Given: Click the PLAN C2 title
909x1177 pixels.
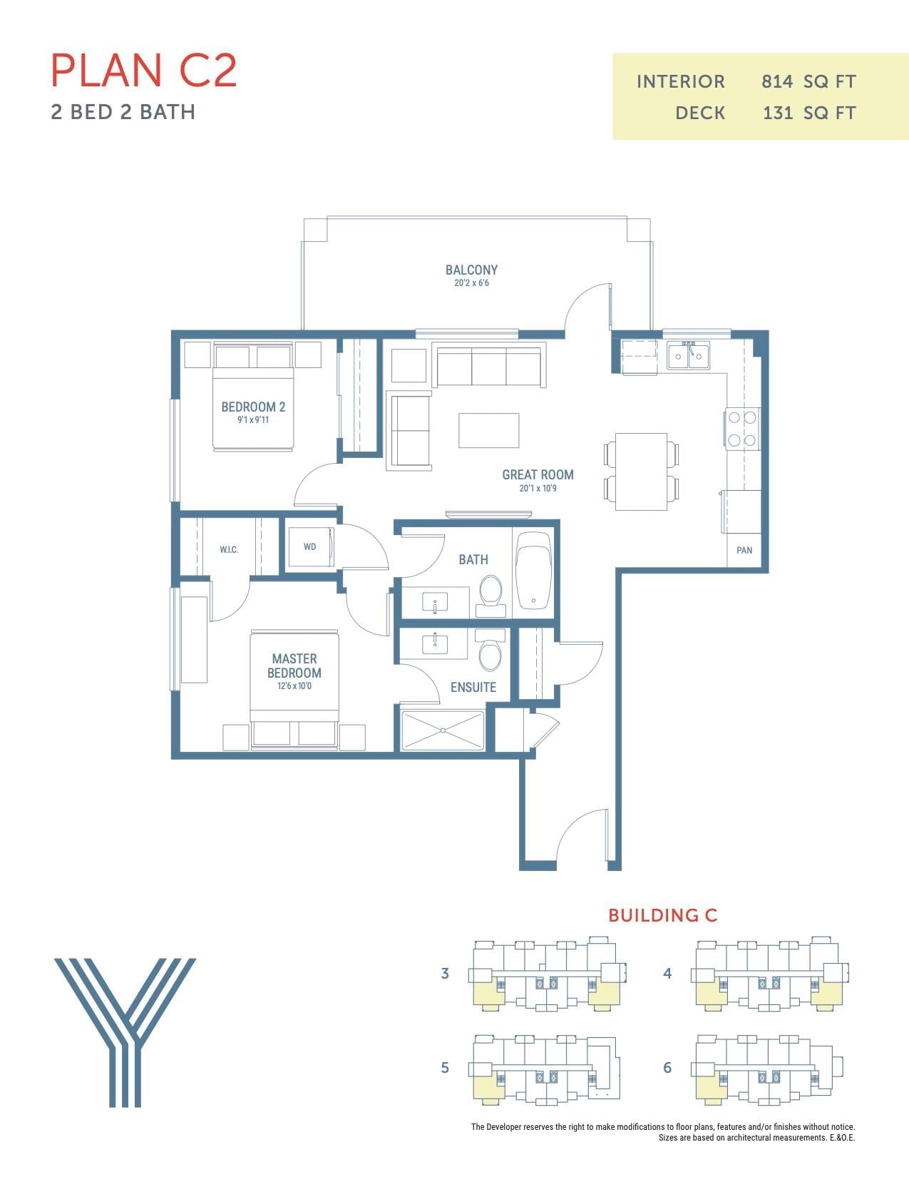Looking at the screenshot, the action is pyautogui.click(x=143, y=70).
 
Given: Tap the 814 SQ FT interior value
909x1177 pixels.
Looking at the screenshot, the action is pyautogui.click(x=808, y=82).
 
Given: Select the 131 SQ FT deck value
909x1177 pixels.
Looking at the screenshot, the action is pyautogui.click(x=809, y=113).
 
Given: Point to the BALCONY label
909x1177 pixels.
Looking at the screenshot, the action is pyautogui.click(x=471, y=270).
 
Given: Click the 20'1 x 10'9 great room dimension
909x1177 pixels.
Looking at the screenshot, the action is pyautogui.click(x=538, y=488).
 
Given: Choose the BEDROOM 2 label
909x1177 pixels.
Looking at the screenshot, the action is pyautogui.click(x=253, y=407).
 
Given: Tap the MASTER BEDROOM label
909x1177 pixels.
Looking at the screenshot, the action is pyautogui.click(x=294, y=666).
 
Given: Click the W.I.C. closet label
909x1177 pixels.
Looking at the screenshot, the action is pyautogui.click(x=228, y=550).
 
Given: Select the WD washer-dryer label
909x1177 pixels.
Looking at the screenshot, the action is pyautogui.click(x=309, y=547).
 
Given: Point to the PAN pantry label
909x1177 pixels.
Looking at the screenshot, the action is pyautogui.click(x=744, y=550).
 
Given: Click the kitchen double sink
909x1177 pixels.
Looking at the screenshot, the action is pyautogui.click(x=688, y=355).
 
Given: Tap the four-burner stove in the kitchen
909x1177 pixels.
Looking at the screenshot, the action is pyautogui.click(x=741, y=429).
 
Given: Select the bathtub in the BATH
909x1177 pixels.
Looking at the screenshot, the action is pyautogui.click(x=534, y=571).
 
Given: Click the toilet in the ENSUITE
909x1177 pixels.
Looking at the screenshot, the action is pyautogui.click(x=491, y=650).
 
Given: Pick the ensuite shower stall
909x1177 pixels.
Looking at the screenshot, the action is pyautogui.click(x=442, y=730).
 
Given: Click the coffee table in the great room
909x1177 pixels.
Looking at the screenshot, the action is pyautogui.click(x=488, y=431).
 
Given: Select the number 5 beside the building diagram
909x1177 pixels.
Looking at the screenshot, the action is pyautogui.click(x=444, y=1068).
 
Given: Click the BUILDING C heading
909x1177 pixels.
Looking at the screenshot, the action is pyautogui.click(x=662, y=915).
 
